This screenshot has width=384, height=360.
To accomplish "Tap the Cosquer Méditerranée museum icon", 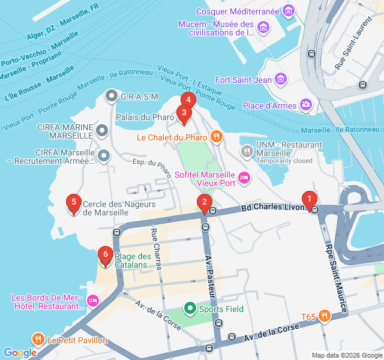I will click(x=289, y=10).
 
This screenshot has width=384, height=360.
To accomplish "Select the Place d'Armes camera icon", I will click(x=306, y=105).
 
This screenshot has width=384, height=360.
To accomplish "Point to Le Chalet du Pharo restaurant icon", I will click(x=217, y=137).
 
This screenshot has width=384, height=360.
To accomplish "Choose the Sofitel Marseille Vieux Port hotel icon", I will click(x=244, y=177).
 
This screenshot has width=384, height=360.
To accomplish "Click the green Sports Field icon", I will click(x=190, y=309).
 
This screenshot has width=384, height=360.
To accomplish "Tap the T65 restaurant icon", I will click(x=325, y=316).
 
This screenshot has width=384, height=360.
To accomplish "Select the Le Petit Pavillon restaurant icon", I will click(x=38, y=340).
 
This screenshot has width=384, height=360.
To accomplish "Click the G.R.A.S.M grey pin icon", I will click(x=111, y=96).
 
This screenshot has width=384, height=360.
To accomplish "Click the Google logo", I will click(x=20, y=353).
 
